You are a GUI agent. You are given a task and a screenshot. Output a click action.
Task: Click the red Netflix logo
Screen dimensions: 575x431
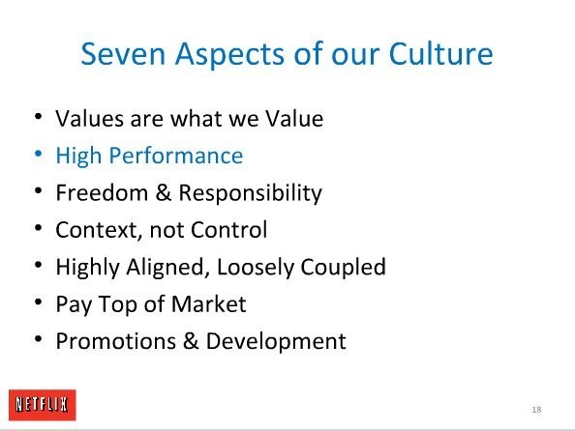pyautogui.click(x=43, y=405)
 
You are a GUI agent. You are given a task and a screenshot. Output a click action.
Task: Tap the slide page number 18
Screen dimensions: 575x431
pyautogui.click(x=536, y=410)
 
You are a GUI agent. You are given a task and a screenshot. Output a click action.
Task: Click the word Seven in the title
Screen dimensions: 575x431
pyautogui.click(x=123, y=54)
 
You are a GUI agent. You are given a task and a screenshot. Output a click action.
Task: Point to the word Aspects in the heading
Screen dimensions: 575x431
pyautogui.click(x=230, y=55)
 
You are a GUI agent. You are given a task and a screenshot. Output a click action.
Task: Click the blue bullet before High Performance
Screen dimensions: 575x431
pyautogui.click(x=38, y=154)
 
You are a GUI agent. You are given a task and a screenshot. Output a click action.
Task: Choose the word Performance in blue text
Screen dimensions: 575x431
pyautogui.click(x=176, y=156)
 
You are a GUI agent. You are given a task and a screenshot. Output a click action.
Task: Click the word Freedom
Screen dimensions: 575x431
pyautogui.click(x=102, y=192)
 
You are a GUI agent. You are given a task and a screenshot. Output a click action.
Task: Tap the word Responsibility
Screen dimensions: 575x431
pyautogui.click(x=250, y=193)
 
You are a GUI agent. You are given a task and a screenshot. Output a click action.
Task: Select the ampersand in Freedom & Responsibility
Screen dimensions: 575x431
pyautogui.click(x=164, y=192)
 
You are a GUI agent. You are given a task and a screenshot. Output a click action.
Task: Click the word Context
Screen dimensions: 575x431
pyautogui.click(x=99, y=230)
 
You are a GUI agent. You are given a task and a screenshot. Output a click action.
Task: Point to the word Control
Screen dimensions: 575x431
pyautogui.click(x=228, y=230)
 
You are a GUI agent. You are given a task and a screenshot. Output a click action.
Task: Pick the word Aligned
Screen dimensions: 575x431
pyautogui.click(x=166, y=267)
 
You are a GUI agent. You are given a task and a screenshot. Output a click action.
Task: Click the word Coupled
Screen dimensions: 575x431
pyautogui.click(x=344, y=267)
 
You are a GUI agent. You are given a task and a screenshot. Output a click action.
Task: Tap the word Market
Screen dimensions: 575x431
pyautogui.click(x=208, y=304)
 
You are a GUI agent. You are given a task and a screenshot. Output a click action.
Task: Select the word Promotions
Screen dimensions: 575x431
pyautogui.click(x=116, y=341)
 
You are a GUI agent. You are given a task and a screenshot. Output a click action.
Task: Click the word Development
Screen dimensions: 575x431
pyautogui.click(x=276, y=342)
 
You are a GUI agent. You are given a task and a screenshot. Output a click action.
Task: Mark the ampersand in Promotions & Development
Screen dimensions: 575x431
pyautogui.click(x=191, y=341)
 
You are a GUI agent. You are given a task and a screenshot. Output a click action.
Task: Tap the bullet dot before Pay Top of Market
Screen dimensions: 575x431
pyautogui.click(x=38, y=302)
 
